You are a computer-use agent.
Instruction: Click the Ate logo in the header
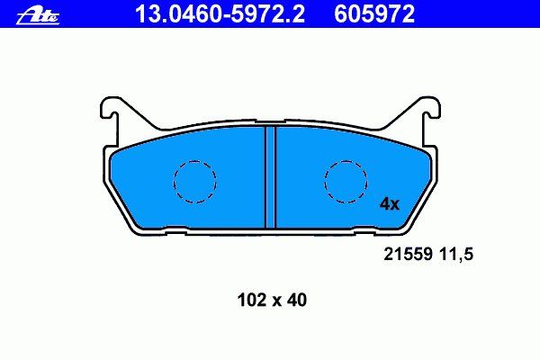(38, 16)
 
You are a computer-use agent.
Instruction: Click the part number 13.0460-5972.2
(220, 14)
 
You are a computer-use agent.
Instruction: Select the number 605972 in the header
(374, 14)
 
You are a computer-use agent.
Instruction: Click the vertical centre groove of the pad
(270, 177)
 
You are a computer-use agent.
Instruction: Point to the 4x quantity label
(389, 204)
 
